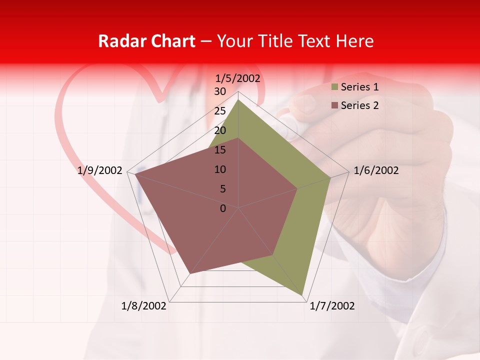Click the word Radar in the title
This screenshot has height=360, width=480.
coord(120,41)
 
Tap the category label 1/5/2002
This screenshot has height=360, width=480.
coord(237,78)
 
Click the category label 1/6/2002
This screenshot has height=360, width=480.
coord(376,170)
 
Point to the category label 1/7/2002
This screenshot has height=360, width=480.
coord(332,306)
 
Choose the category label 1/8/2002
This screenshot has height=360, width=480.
coord(144,306)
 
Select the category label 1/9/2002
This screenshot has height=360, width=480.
coord(100,170)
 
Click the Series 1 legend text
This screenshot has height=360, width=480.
coord(359,87)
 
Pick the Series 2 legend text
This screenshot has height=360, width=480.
coord(359,105)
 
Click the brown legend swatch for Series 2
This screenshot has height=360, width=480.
coord(334,105)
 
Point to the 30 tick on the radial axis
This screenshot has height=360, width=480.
coord(220,91)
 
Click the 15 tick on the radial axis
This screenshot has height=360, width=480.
coord(220,150)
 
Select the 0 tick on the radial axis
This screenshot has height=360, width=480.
coord(223,208)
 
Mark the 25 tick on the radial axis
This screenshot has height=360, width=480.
coord(220,111)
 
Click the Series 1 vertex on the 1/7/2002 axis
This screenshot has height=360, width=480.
coord(302,295)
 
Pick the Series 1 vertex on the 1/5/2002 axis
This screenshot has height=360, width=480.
coord(238,99)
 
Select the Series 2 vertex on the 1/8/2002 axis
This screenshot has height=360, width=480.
coord(189,274)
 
